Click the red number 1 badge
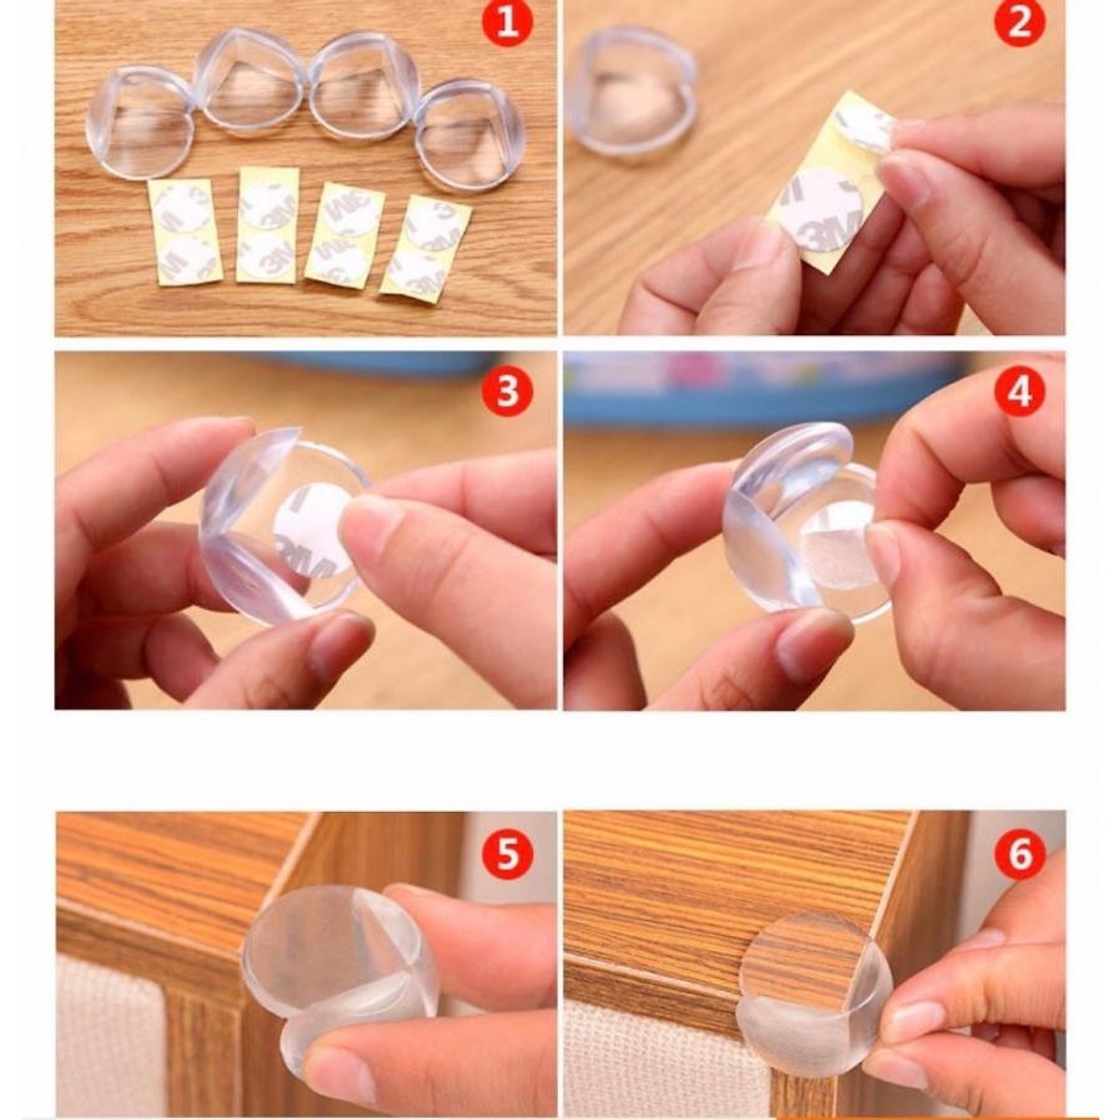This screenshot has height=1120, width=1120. tap(508, 24)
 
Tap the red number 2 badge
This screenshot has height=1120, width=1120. tap(1019, 24)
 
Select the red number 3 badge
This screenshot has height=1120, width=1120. tap(508, 391)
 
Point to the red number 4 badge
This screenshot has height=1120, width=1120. tap(1019, 391)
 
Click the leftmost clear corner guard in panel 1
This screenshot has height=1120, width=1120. tap(139, 122)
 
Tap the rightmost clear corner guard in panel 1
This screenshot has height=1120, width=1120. tap(469, 135)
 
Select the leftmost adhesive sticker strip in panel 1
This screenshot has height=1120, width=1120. tap(186, 231)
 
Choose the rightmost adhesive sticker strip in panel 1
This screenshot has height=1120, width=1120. tap(426, 249)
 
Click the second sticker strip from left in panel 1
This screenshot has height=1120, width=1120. tap(268, 224)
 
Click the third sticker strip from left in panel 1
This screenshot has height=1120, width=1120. tap(344, 233)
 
